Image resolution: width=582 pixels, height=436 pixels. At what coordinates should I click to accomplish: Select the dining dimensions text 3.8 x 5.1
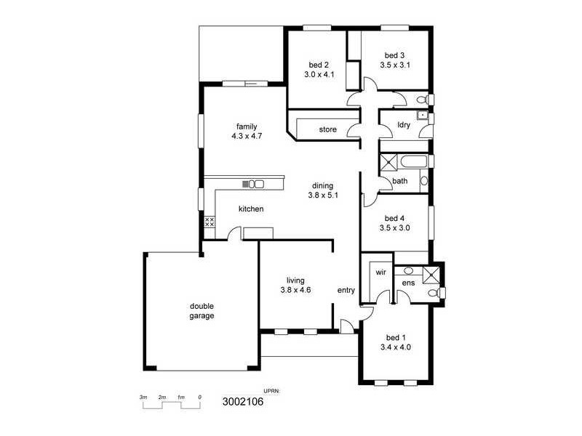point(323,195)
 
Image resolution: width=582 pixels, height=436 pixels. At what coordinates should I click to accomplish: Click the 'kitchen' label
point(251,209)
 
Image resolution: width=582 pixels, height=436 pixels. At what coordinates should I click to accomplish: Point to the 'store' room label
point(328,130)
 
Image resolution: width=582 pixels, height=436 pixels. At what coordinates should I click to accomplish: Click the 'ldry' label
point(404,125)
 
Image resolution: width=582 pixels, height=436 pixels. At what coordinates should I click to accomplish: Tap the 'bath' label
point(400,181)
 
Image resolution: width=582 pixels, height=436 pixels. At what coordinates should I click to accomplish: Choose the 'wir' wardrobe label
point(380,272)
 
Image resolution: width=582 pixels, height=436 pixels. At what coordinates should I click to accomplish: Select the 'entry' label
point(346,291)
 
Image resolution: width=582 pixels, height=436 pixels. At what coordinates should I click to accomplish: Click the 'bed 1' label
point(396,337)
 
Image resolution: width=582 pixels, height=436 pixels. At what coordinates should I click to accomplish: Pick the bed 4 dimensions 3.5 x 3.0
point(395,227)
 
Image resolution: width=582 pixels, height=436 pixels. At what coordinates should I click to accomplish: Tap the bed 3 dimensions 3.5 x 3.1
point(395,65)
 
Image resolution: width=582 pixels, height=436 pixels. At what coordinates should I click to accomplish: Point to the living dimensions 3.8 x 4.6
point(295,290)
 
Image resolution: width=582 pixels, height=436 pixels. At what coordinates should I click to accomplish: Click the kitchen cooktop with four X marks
point(209,222)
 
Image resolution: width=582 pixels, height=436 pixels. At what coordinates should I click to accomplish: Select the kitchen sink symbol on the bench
point(255,184)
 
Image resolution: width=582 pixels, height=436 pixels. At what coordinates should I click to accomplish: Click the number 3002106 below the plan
point(242,400)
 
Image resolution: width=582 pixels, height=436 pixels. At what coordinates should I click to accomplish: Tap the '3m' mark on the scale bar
point(143,397)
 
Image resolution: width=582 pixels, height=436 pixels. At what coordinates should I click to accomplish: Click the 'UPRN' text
point(271,391)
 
